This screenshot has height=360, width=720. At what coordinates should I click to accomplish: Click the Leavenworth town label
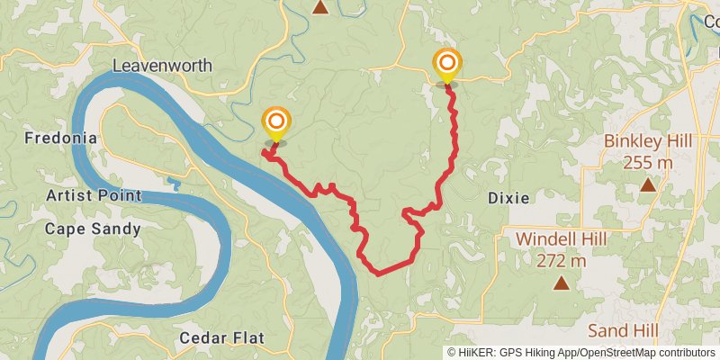point(163,66)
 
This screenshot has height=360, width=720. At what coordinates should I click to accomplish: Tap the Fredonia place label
point(60,139)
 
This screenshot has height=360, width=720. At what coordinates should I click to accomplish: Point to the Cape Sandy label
point(94,229)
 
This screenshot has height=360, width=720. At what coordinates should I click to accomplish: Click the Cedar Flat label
point(221,338)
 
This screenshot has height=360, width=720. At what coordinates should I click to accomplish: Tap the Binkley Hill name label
point(646,141)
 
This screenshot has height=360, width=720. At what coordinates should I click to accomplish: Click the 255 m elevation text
point(646,162)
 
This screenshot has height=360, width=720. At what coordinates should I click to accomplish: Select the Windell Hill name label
point(562,239)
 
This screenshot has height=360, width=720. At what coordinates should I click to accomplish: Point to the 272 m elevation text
point(562,261)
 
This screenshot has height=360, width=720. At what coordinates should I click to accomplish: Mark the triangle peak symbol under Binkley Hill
point(647,185)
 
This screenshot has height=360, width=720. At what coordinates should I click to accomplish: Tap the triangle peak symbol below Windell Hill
point(562,284)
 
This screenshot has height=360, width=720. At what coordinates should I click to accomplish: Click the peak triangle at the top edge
point(319,5)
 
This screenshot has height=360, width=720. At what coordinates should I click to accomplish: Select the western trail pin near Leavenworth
point(276,121)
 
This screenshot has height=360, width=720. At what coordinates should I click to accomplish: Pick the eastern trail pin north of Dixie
point(446,64)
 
